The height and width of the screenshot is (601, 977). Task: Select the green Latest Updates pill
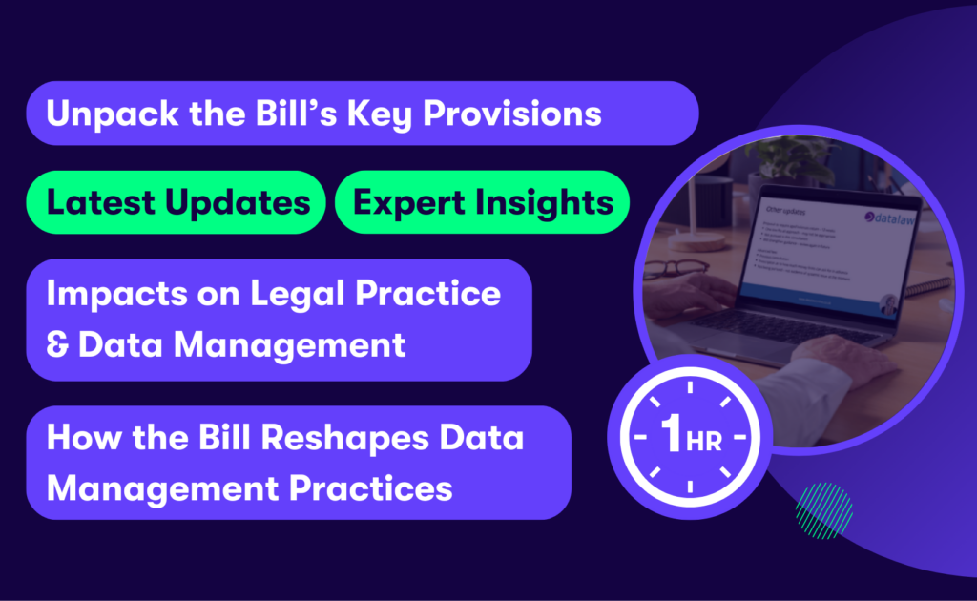click(177, 202)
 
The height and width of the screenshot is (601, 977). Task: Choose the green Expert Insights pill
click(483, 202)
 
